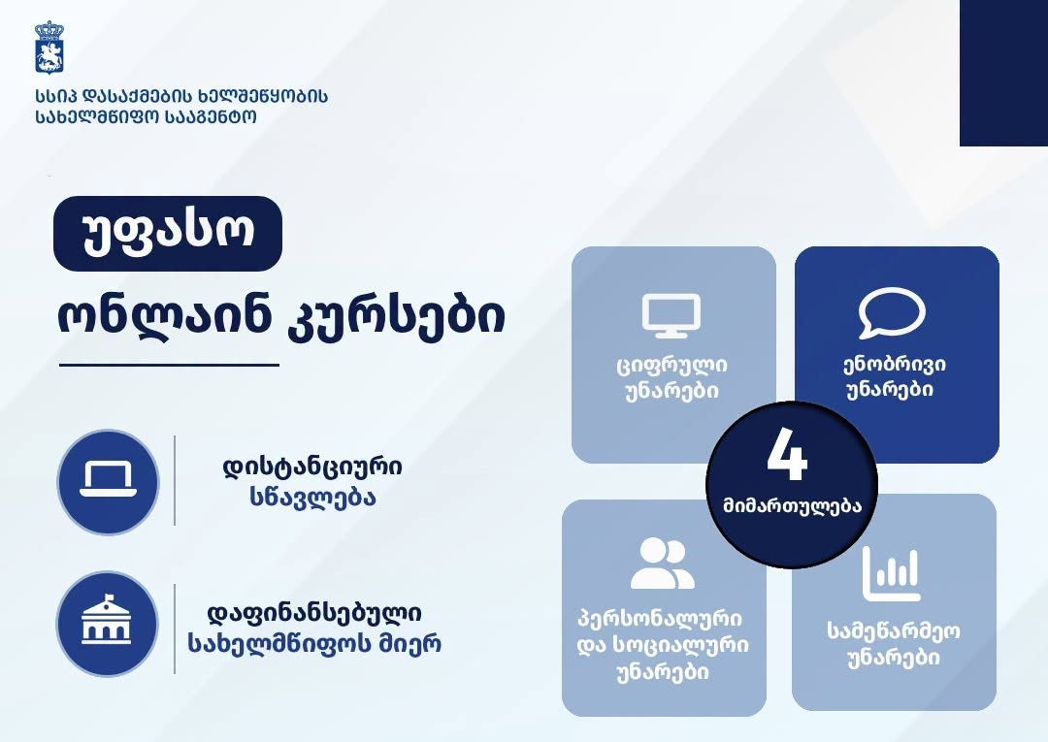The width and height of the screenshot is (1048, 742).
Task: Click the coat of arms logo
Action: click(49, 47)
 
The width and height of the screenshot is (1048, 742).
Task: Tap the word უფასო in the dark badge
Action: click(168, 234)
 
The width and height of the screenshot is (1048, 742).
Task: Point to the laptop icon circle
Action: click(109, 481)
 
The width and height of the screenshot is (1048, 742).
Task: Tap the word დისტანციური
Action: click(312, 467)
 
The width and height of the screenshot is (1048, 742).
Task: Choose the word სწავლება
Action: click(312, 498)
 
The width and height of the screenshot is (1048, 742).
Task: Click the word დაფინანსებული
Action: click(313, 614)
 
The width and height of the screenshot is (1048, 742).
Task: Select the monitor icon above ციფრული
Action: click(671, 314)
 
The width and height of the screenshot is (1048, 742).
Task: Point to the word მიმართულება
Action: click(792, 505)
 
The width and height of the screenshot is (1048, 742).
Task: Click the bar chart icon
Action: click(892, 573)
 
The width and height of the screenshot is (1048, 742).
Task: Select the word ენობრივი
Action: click(894, 365)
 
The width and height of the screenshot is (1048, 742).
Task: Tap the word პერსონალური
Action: click(660, 619)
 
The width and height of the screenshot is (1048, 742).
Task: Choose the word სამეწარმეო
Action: click(894, 631)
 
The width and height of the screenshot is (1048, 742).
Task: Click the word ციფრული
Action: click(671, 366)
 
